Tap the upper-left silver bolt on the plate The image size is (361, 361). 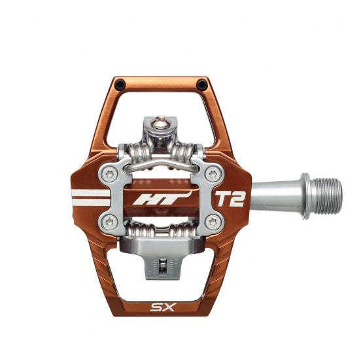pyautogui.click(x=107, y=173)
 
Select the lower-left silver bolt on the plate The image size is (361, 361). pyautogui.click(x=107, y=224)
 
